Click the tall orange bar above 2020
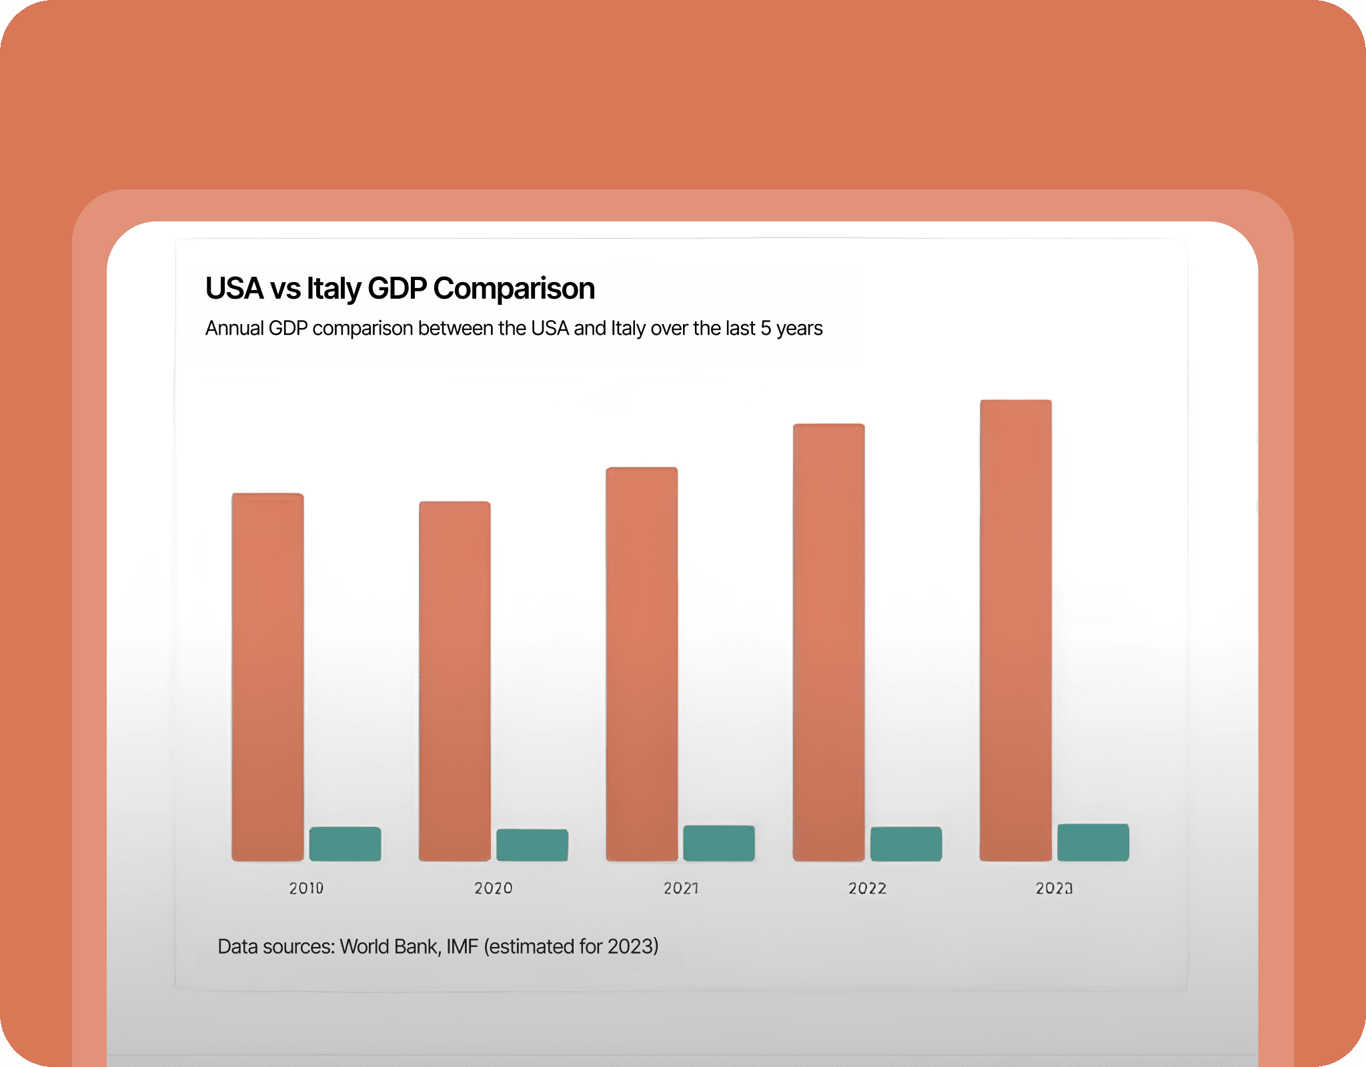pos(454,680)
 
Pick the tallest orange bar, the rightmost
pos(1015,630)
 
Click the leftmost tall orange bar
pos(267,677)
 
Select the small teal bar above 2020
pos(532,845)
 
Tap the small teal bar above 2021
pos(719,843)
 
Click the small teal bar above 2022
pos(906,844)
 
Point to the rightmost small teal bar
pos(1093,842)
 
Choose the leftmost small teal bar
pos(345,844)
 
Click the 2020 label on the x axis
pos(494,888)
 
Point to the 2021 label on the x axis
pos(681,888)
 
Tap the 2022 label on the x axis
pos(867,888)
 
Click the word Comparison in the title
pos(514,289)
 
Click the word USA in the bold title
pos(234,289)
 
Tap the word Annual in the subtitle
pos(234,328)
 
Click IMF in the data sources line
pos(462,946)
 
